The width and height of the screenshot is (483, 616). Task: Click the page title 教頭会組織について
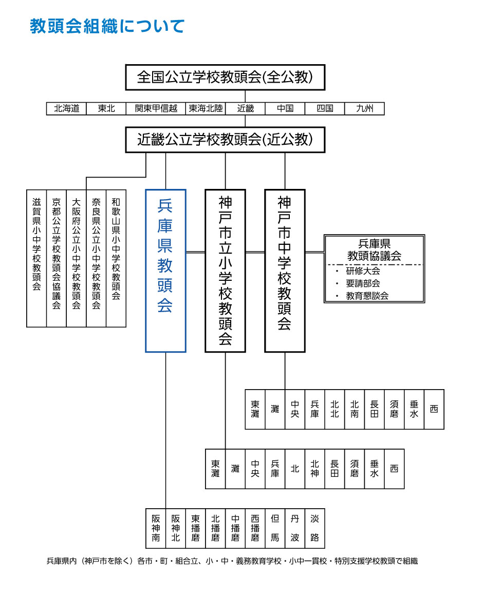point(107,26)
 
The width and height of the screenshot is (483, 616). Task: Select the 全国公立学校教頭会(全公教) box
point(225,77)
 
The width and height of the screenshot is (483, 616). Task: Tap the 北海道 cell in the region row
point(66,108)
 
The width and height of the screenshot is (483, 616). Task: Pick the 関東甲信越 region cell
point(156,108)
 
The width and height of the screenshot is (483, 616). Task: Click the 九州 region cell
point(364,108)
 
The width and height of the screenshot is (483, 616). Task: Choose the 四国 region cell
point(325,108)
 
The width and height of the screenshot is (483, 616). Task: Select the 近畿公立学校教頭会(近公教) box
point(225,140)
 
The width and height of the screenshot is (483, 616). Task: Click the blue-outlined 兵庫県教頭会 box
point(165,271)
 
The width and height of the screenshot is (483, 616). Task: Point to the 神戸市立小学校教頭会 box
point(225,271)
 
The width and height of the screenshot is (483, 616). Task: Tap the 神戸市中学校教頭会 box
point(285,271)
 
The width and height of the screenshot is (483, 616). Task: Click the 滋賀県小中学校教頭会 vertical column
point(36,258)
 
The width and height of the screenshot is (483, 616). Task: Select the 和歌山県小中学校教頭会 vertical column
point(116,258)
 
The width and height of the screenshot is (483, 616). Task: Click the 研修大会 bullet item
point(363,271)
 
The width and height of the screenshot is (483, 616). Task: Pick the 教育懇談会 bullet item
point(367,296)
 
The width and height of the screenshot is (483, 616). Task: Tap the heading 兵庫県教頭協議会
point(374,249)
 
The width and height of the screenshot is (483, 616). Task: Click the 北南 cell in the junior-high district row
point(355,409)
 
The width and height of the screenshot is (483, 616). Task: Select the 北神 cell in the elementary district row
point(314,469)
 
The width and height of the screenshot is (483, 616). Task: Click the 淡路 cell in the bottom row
point(314,528)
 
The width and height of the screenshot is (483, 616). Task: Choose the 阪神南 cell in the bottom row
point(156,528)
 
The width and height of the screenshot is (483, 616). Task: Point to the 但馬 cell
point(275,528)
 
